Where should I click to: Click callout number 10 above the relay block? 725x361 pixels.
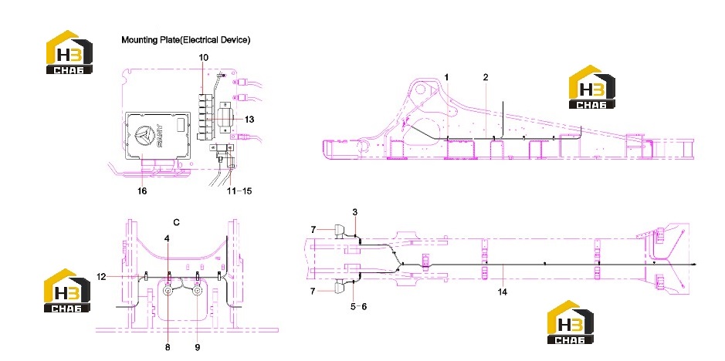pyautogui.click(x=203, y=58)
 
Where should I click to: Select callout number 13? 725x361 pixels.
pyautogui.click(x=249, y=120)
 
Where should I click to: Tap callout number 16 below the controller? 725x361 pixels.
pyautogui.click(x=142, y=191)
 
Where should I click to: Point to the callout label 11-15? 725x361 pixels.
pyautogui.click(x=239, y=191)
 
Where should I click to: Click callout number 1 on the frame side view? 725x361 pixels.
pyautogui.click(x=446, y=77)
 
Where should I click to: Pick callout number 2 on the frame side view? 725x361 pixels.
pyautogui.click(x=486, y=77)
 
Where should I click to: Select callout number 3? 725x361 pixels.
pyautogui.click(x=354, y=212)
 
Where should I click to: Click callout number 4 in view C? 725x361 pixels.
pyautogui.click(x=168, y=238)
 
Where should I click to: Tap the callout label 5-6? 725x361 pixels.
pyautogui.click(x=357, y=306)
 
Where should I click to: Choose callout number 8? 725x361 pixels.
pyautogui.click(x=168, y=346)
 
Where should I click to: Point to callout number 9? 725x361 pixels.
pyautogui.click(x=197, y=346)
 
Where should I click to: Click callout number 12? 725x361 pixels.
pyautogui.click(x=101, y=276)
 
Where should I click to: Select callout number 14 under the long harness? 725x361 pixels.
pyautogui.click(x=502, y=292)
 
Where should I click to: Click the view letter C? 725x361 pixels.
pyautogui.click(x=176, y=222)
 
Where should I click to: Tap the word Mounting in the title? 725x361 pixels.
pyautogui.click(x=138, y=40)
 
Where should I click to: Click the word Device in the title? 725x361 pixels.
pyautogui.click(x=235, y=40)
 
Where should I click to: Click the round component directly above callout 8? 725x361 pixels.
pyautogui.click(x=168, y=290)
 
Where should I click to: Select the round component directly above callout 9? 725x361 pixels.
pyautogui.click(x=198, y=290)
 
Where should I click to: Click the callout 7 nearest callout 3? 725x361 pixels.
pyautogui.click(x=313, y=230)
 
